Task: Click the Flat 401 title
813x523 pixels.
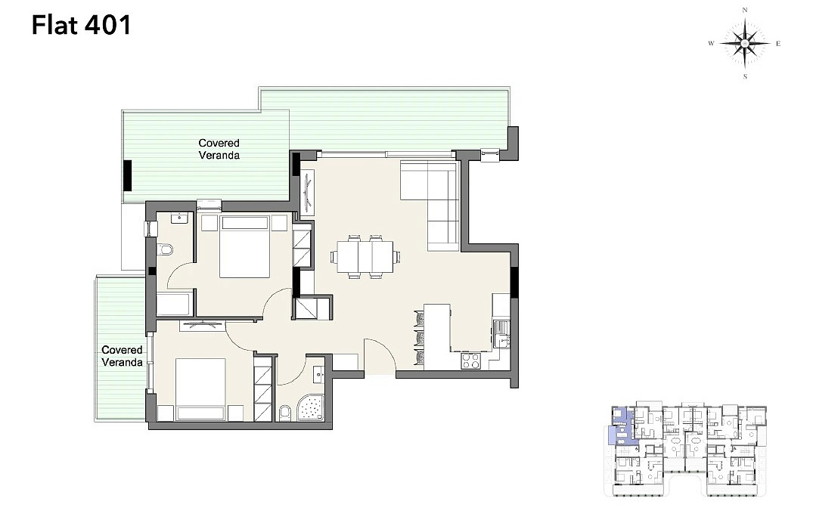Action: [82, 26]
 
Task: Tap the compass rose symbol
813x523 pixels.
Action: [745, 44]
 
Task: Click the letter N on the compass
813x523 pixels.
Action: [745, 10]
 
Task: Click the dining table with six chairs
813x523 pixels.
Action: [365, 257]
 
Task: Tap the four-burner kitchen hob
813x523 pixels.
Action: [471, 361]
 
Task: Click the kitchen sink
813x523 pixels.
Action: [501, 334]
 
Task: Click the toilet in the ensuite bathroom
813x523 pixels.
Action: [165, 250]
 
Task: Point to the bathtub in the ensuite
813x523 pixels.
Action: [175, 305]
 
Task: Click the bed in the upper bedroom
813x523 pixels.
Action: [244, 246]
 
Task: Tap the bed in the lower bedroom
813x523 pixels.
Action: [200, 389]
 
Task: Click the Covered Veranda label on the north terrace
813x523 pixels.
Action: [219, 150]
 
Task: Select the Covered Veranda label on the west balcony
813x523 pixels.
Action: [122, 356]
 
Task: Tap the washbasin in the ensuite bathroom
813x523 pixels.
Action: [179, 217]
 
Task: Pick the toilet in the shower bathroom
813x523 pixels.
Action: [284, 413]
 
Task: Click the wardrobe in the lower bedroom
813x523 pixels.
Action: [263, 388]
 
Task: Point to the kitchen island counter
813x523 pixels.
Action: [437, 336]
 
